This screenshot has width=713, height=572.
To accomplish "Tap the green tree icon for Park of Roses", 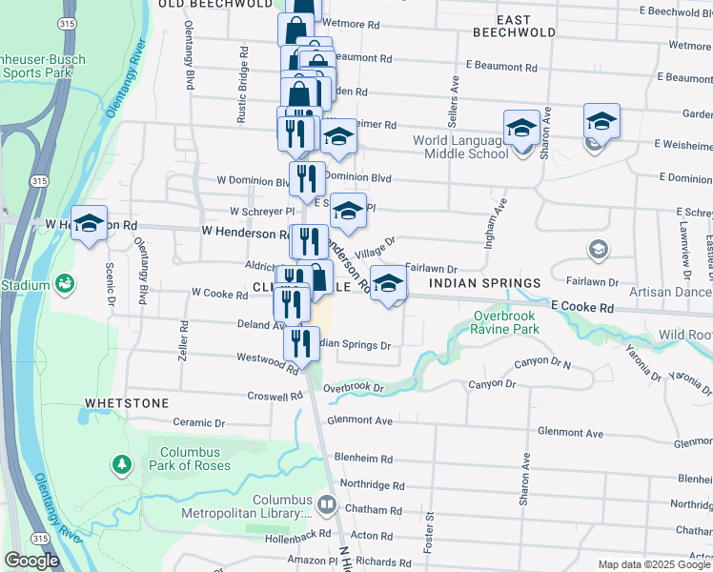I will click(x=122, y=464).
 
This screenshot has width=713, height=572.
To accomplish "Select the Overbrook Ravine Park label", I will click(x=505, y=322).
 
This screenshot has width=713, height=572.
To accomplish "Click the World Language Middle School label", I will click(x=460, y=147).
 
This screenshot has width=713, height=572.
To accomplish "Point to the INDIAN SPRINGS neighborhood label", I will click(x=484, y=283).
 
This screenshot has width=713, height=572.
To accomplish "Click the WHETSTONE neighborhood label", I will click(x=127, y=403).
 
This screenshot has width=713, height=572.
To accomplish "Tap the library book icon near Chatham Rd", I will click(x=327, y=503).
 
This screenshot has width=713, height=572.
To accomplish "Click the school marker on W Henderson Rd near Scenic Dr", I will click(x=89, y=224).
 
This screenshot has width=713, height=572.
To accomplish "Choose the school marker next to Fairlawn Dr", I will click(x=387, y=283).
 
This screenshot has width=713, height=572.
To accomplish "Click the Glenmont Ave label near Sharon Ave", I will click(x=570, y=433).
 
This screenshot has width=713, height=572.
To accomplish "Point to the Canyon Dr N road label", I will click(x=542, y=362).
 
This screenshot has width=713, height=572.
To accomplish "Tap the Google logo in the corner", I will click(x=31, y=560).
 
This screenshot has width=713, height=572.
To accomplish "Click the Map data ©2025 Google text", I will click(x=653, y=564).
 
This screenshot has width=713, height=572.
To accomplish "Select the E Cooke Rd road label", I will click(x=580, y=308).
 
